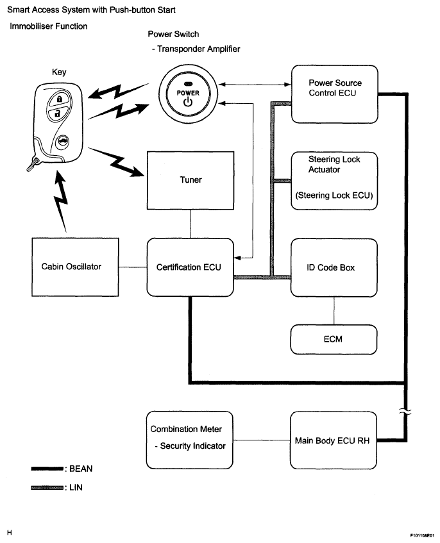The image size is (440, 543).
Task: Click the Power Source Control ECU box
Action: click(334, 94)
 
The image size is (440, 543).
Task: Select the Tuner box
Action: click(190, 180)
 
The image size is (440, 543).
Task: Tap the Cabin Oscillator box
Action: click(75, 267)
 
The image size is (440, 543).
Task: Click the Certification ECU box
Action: click(189, 267)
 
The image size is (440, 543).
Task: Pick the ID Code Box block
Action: click(334, 267)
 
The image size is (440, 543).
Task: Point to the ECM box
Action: click(334, 339)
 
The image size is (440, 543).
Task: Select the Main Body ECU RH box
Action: click(334, 440)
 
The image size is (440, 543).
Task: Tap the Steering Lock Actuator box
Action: click(334, 180)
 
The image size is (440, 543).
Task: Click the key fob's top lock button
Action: click(58, 100)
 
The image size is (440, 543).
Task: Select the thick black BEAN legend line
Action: click(46, 469)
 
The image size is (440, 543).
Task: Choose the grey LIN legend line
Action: click(46, 488)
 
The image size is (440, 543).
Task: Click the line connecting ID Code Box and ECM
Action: click(334, 311)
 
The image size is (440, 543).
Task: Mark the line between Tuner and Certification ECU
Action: click(190, 222)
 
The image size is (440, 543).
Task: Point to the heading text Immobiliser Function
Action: click(48, 26)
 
